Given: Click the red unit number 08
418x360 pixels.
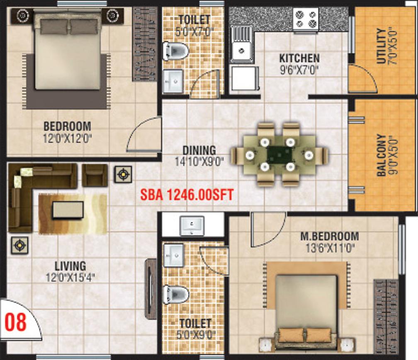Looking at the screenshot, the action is coord(16,322).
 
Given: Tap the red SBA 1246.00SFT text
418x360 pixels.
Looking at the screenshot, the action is coord(187,195).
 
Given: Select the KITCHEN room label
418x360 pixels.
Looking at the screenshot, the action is coord(299,58).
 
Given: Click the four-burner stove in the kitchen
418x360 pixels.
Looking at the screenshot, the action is coord(306,19).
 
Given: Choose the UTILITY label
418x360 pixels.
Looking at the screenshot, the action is coord(382,46).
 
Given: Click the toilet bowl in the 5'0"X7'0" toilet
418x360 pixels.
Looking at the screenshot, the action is coord(175,50).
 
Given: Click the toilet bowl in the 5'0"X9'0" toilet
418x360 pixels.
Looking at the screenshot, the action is coord(176,294).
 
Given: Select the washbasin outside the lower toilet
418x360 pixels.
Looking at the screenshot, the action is coord(192,226).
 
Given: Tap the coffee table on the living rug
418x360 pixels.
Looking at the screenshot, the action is coord(68,210).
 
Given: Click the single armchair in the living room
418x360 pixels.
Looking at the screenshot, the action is coord(95,175).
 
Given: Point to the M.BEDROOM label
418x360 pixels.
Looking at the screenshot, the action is coord(330,236).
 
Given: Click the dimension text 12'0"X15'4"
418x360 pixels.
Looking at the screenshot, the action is coord(70,278).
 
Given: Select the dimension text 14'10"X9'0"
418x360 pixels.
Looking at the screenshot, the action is coord(199,162).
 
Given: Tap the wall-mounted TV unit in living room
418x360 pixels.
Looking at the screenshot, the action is coord(151,289).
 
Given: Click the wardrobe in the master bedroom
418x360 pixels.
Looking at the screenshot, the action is coord(386,317).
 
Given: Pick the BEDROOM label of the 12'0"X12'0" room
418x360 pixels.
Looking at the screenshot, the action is coord(67,126).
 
